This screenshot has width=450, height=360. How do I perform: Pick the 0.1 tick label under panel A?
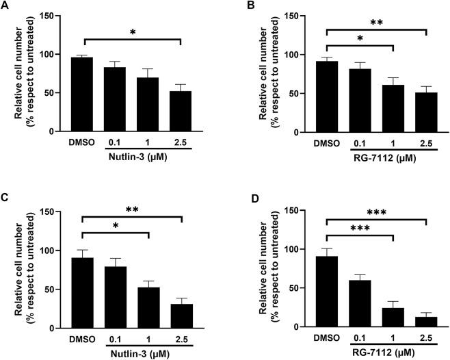tap(115, 143)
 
